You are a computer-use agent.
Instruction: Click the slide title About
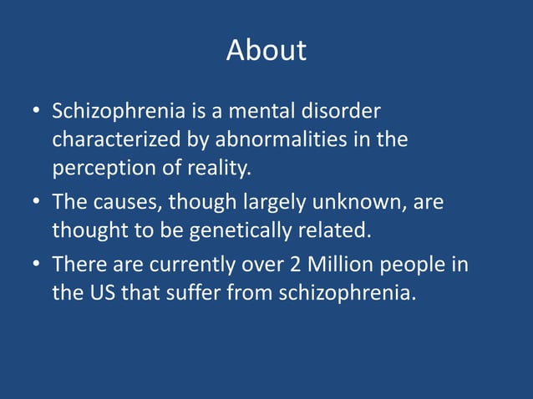click(x=266, y=50)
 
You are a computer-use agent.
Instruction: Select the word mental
click(x=251, y=112)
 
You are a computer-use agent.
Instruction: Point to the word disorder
click(x=336, y=112)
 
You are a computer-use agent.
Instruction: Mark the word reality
click(x=219, y=168)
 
